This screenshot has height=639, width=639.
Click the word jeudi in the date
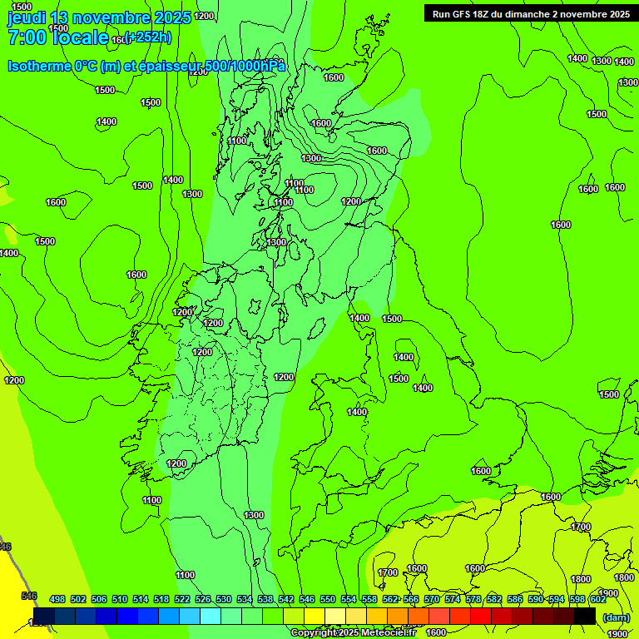tap(27, 17)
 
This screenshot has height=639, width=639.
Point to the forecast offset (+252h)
tap(147, 37)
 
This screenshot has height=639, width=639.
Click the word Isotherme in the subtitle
tap(37, 66)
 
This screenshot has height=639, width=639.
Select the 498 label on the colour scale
tap(57, 599)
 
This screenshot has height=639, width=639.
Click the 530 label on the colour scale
tap(224, 599)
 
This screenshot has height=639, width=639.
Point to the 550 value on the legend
tap(328, 599)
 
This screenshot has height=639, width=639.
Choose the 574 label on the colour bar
tap(453, 599)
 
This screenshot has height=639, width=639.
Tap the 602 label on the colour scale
tap(598, 599)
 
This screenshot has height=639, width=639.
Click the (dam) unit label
tap(617, 617)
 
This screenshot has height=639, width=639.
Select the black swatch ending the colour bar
tap(584, 617)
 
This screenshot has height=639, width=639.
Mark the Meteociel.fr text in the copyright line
tap(389, 633)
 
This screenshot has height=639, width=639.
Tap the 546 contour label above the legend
tap(29, 596)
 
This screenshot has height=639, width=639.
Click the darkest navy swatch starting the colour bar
tap(43, 617)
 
